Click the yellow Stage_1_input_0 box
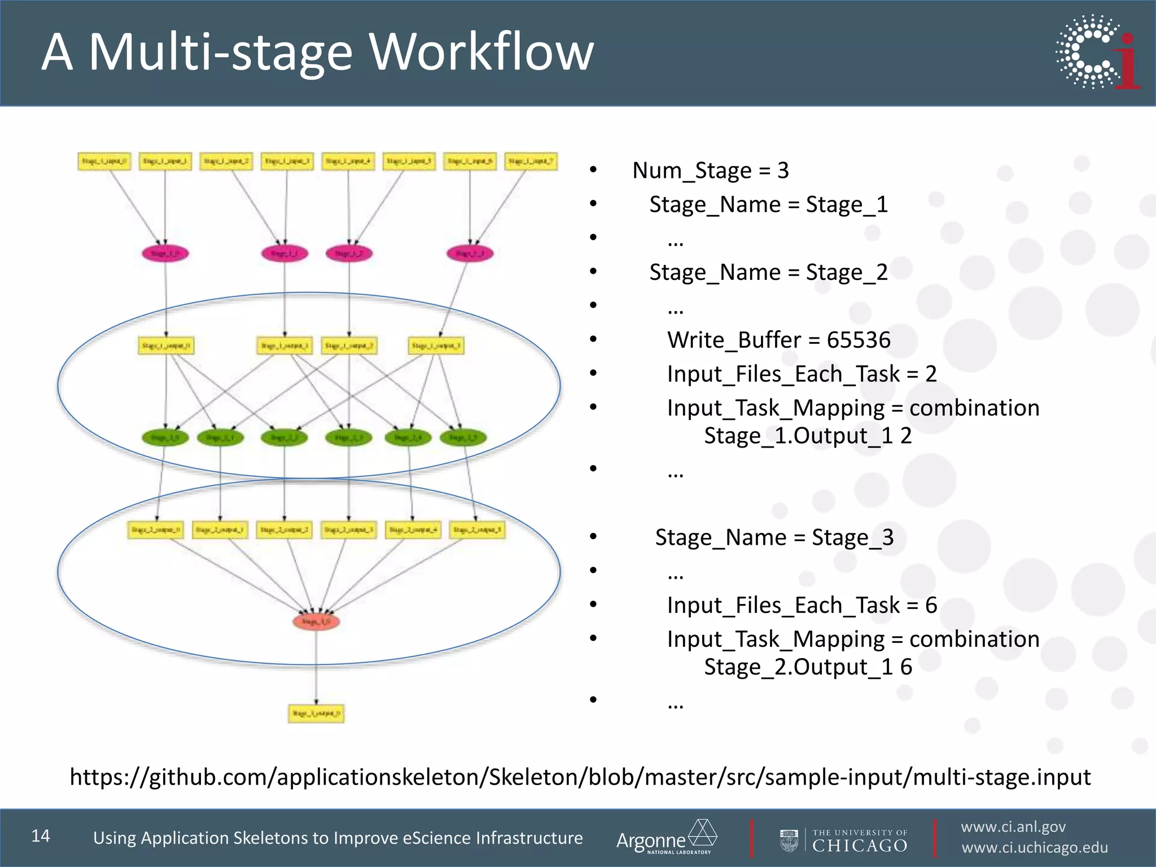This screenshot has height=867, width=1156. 104,161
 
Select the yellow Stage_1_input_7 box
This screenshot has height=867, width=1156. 531,161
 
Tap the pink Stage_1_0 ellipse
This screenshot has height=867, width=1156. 165,253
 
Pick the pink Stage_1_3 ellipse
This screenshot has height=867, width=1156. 470,253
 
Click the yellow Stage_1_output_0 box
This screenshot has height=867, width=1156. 166,345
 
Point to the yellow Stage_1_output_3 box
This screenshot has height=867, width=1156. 436,345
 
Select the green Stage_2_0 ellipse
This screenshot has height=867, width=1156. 165,437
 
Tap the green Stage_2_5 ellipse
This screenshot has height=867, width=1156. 463,437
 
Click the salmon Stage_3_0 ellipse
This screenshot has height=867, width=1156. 316,621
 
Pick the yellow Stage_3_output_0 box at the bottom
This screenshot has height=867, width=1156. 316,713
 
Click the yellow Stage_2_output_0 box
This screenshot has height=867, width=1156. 156,530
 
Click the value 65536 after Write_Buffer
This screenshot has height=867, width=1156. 859,340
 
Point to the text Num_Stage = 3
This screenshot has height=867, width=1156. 710,170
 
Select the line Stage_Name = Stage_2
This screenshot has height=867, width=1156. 768,272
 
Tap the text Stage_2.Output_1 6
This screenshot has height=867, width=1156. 808,667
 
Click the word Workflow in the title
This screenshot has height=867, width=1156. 481,52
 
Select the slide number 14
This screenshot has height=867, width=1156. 41,836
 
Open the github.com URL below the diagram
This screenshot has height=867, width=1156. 580,777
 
